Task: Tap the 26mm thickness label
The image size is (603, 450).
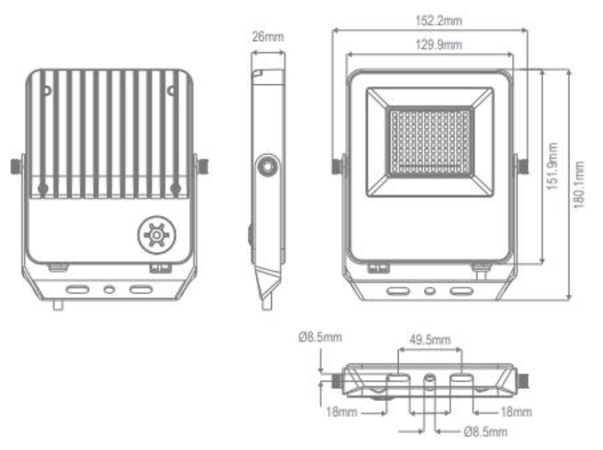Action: click(x=268, y=37)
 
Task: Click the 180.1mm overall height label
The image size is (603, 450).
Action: click(x=579, y=185)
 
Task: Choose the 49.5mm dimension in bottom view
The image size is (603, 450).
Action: click(x=430, y=340)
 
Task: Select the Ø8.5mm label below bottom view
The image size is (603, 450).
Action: click(x=485, y=432)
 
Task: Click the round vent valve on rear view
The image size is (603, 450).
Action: click(x=156, y=234)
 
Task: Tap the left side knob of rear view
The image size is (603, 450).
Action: click(x=16, y=166)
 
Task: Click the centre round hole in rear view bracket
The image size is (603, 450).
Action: click(x=109, y=290)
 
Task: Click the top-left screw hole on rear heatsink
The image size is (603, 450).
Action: click(x=46, y=91)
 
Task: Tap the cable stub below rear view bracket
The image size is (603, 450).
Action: click(x=58, y=305)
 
